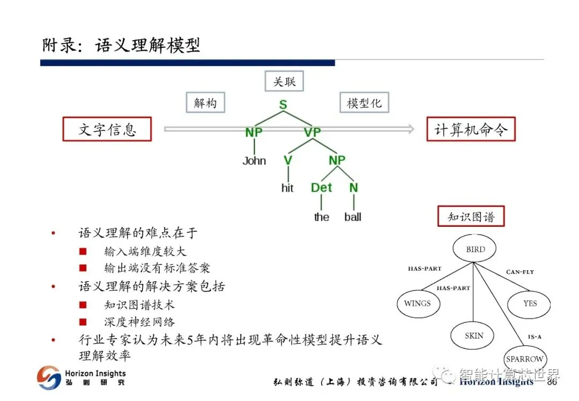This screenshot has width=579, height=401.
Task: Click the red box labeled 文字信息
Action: click(107, 129)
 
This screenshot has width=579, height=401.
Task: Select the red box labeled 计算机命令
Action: click(471, 129)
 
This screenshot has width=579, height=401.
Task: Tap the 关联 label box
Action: click(284, 81)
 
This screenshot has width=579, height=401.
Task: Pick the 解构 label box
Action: click(205, 102)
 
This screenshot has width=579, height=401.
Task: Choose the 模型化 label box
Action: click(364, 102)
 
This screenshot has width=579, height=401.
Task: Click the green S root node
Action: click(283, 105)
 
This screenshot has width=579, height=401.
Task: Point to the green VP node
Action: click(312, 132)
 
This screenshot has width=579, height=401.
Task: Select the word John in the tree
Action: click(254, 161)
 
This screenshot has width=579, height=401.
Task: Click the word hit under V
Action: click(287, 188)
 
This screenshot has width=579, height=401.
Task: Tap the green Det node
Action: click(322, 188)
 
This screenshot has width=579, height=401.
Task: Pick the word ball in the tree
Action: click(353, 217)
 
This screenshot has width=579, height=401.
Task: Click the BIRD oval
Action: click(475, 249)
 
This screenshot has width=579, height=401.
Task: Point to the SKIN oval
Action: click(474, 336)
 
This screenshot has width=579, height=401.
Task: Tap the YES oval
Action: click(530, 303)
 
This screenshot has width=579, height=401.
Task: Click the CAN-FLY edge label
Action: click(520, 272)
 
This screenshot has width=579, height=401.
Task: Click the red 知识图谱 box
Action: click(471, 217)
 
